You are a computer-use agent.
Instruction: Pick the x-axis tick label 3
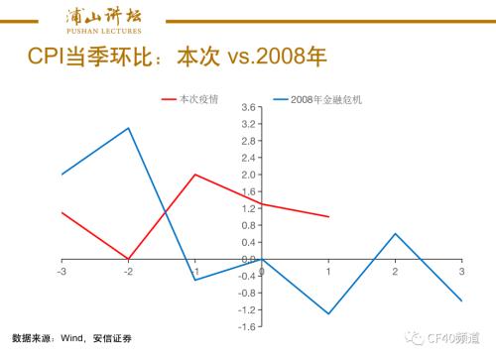click(461, 271)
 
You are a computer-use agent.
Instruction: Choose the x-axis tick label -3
click(62, 271)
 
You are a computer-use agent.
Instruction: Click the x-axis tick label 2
click(395, 271)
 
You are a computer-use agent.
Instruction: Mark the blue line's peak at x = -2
click(129, 128)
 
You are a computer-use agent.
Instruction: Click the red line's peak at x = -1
click(195, 175)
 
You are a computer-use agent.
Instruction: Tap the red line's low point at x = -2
click(129, 259)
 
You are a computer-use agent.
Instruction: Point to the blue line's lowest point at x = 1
click(328, 313)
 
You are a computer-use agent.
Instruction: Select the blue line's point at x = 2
click(395, 234)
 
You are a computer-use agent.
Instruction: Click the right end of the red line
click(328, 216)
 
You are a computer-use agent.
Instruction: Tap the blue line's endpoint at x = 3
click(461, 300)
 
